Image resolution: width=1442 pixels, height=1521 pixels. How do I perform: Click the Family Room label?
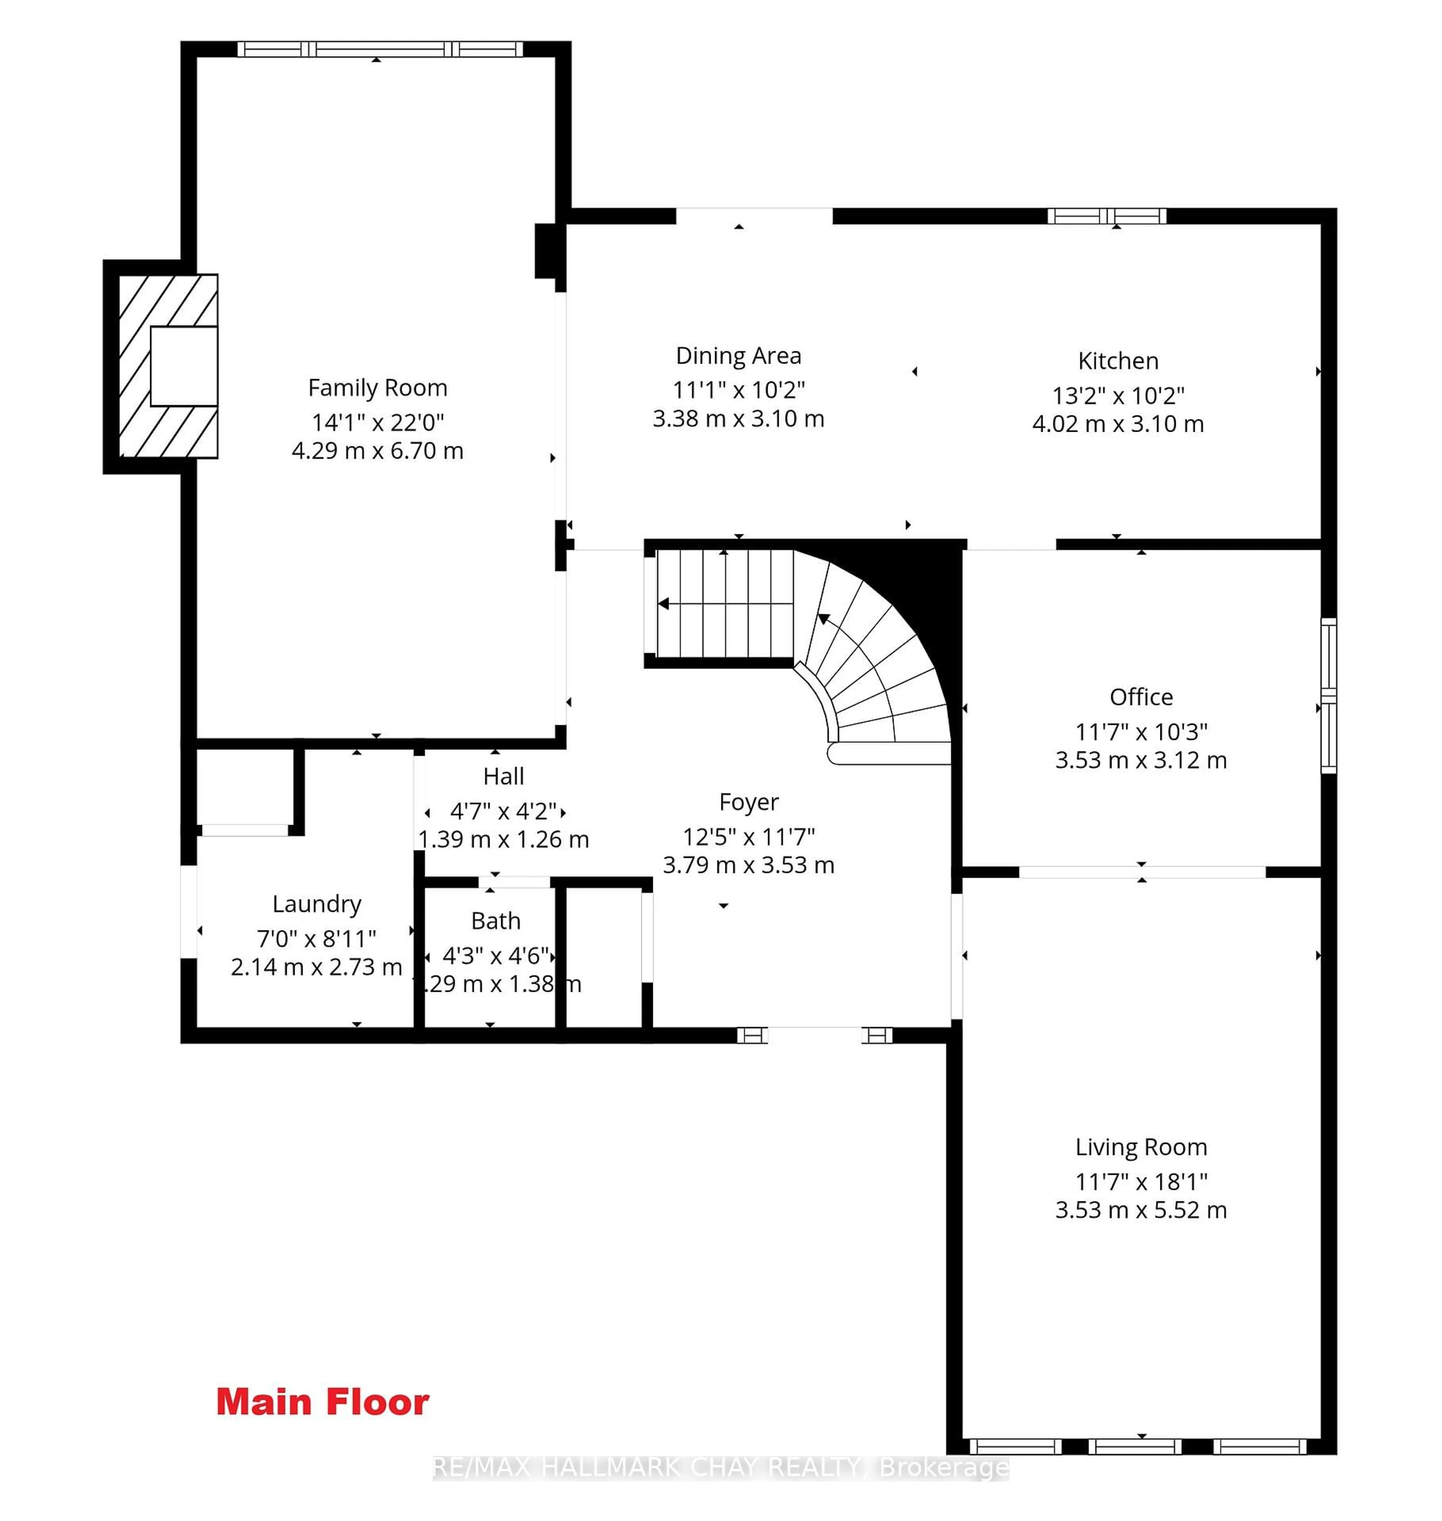(377, 387)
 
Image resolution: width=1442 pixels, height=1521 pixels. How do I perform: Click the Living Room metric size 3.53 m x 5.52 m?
(1141, 1210)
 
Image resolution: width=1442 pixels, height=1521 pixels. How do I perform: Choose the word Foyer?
(749, 802)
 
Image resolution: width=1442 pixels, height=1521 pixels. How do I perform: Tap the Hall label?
(504, 776)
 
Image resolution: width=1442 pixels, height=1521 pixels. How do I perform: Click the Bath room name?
(496, 921)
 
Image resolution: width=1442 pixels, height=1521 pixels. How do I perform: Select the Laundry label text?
(317, 904)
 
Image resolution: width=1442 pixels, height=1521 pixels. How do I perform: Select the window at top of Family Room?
(380, 49)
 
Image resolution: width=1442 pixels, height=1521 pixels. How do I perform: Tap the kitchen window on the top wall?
(1107, 216)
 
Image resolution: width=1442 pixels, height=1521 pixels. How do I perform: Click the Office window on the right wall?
(1328, 696)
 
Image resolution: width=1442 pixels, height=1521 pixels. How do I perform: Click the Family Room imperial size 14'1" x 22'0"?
(377, 422)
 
